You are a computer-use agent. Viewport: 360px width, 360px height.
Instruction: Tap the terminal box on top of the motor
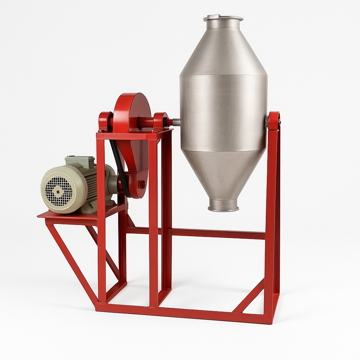tap(80, 161)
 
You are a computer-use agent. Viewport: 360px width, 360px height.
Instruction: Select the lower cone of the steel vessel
tap(224, 172)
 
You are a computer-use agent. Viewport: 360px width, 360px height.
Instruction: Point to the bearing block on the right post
tap(274, 121)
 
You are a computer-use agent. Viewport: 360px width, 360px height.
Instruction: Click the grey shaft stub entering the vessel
tap(176, 122)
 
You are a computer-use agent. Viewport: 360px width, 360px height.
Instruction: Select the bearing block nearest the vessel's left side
tap(160, 122)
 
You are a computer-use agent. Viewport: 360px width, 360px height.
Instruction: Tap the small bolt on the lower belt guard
tap(143, 183)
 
